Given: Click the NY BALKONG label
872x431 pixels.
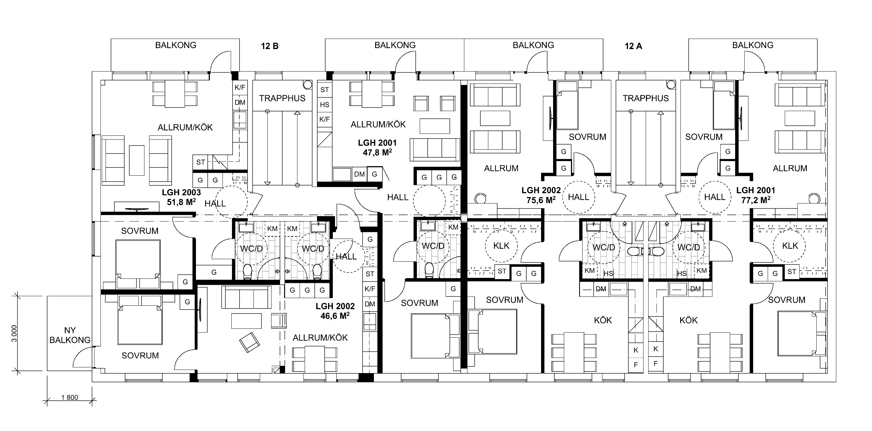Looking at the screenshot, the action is (x=70, y=335).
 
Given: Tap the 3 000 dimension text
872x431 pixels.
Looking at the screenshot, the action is (x=14, y=334).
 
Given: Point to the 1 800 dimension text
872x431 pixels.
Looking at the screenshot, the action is (x=70, y=397).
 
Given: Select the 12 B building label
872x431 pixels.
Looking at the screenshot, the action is (x=270, y=46).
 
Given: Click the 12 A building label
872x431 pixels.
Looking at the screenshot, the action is (x=633, y=46).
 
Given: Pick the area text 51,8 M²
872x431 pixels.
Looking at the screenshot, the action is (x=181, y=202).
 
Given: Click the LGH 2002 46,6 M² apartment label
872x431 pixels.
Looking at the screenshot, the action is (x=335, y=311).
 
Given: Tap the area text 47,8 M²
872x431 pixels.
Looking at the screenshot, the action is (x=377, y=153).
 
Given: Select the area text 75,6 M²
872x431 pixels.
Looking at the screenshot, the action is (x=541, y=200).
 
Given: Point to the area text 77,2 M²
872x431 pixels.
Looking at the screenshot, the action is (x=756, y=200).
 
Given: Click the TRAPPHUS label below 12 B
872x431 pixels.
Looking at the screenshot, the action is (x=282, y=98).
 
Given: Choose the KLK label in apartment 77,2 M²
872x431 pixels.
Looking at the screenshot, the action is (x=790, y=246).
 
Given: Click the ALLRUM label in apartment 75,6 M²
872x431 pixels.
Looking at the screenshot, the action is (x=501, y=168).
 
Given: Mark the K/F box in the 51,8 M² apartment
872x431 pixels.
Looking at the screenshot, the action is (x=240, y=87).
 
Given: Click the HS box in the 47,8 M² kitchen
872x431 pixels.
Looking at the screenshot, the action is (x=325, y=105).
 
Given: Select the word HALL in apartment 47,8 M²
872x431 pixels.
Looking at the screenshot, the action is (x=398, y=197).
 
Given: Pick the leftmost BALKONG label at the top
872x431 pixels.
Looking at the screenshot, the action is (x=176, y=45).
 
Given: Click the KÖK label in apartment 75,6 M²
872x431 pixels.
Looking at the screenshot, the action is (x=603, y=320).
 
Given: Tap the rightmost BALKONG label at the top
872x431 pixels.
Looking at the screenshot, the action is (x=753, y=45).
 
